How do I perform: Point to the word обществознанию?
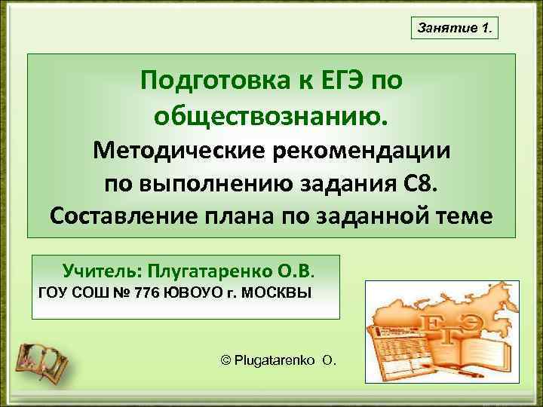coord(272,115)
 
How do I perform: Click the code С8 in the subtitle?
coord(424,182)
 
